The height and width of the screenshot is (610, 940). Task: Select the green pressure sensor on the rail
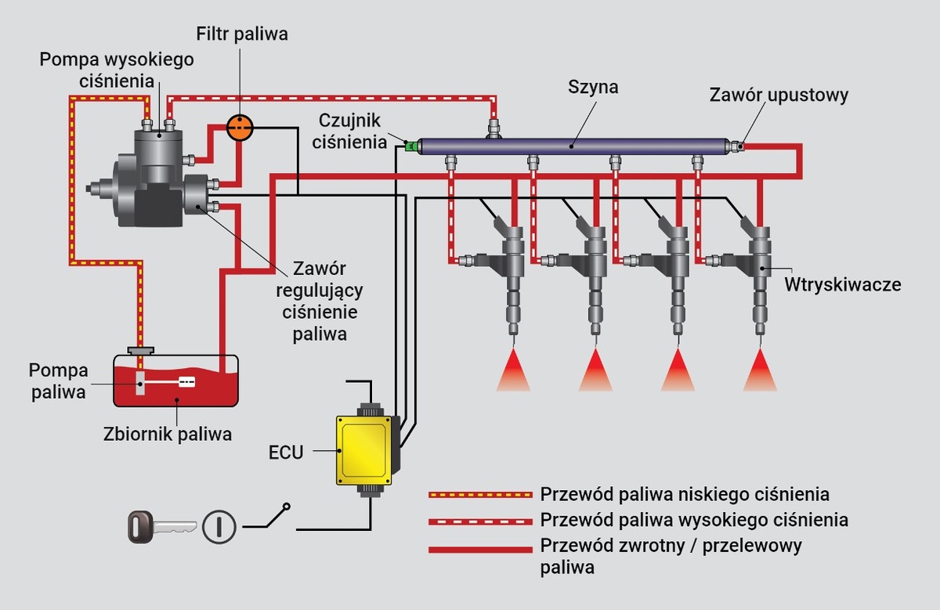(410, 145)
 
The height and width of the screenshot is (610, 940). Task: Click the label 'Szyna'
(592, 87)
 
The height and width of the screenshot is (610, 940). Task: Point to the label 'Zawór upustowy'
(779, 95)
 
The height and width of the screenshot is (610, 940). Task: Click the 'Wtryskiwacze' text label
(843, 284)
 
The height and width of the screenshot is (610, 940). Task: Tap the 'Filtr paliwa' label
(242, 34)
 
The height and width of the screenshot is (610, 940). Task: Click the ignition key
(161, 526)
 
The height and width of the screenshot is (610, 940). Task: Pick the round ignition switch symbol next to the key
(219, 526)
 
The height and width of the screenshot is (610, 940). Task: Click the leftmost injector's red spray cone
(513, 371)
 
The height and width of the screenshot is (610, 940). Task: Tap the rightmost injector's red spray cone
(760, 371)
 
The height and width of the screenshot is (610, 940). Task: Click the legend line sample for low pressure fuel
(479, 495)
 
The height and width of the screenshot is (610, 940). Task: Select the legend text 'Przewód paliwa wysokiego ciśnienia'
(694, 520)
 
